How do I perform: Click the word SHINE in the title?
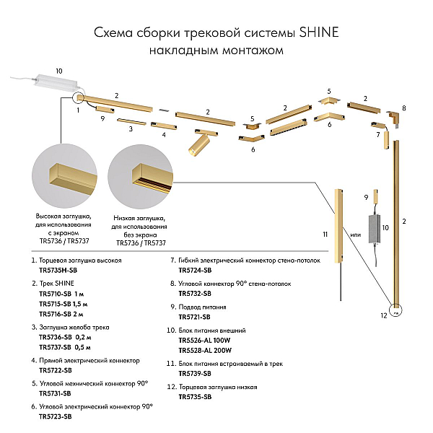(x=319, y=32)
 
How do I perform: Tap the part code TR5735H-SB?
(x=58, y=271)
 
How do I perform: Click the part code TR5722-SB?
(x=56, y=370)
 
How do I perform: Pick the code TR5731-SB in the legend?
(x=56, y=393)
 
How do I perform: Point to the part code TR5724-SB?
(x=195, y=271)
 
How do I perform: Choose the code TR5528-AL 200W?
(x=205, y=351)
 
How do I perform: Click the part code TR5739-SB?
(x=195, y=374)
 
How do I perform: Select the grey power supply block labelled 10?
(x=375, y=229)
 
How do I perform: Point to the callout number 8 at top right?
(x=404, y=108)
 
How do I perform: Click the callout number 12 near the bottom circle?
(x=384, y=315)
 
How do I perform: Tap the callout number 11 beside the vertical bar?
(x=325, y=235)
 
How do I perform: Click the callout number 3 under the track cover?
(x=131, y=129)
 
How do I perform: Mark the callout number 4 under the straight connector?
(x=164, y=135)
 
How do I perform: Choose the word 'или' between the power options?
(x=356, y=235)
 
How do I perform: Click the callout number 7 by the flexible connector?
(x=378, y=135)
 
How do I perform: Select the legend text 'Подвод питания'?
(x=202, y=307)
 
